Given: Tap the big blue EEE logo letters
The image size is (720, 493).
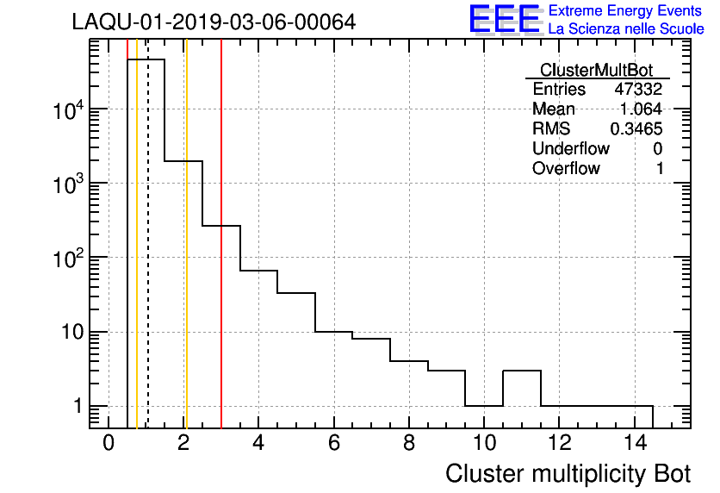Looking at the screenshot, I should click(505, 20).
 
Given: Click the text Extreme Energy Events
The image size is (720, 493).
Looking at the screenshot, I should click(626, 11).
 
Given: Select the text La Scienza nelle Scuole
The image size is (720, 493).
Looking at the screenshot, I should click(626, 29).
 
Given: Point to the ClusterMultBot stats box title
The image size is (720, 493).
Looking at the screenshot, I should click(596, 70).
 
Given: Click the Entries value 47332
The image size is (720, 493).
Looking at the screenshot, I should click(638, 90).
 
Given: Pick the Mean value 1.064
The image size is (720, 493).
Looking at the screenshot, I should click(641, 109).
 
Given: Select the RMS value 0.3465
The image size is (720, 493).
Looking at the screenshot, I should click(636, 129).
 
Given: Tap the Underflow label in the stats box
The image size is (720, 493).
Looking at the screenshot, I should click(571, 149).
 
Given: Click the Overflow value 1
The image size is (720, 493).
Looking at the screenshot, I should click(660, 169).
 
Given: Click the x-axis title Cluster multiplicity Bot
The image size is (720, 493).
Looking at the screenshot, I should click(568, 473).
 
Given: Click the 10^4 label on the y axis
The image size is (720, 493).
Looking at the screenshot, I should click(68, 109).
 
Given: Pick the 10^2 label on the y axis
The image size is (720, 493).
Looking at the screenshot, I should click(68, 258).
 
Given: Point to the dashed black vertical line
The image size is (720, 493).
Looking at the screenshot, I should click(148, 259).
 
